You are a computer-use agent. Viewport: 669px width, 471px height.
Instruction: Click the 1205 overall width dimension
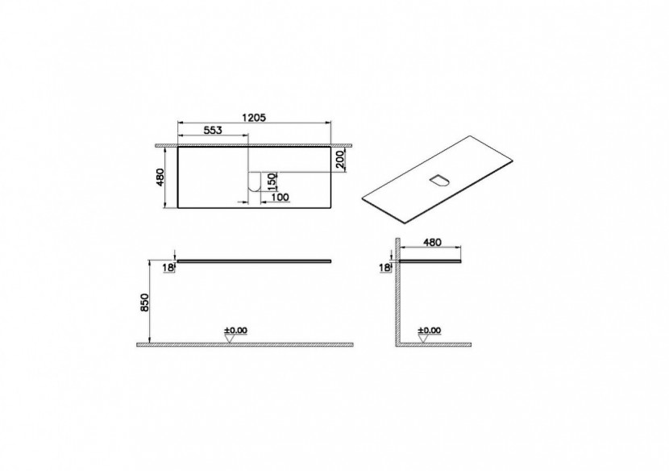coord(254,116)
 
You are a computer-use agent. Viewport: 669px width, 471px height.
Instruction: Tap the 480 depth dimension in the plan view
coord(160,177)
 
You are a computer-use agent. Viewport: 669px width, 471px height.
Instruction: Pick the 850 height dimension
coord(144,302)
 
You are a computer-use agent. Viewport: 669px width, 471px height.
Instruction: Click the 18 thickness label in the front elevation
coord(168,268)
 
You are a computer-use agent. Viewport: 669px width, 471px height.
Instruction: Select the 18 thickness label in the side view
coord(384,267)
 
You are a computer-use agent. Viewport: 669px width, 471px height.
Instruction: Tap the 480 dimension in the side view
coord(431,241)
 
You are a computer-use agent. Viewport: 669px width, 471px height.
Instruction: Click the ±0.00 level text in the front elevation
coord(235,330)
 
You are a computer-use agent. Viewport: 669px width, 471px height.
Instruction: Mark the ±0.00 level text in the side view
coord(430,330)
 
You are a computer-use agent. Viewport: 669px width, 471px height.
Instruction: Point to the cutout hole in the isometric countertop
coord(440,179)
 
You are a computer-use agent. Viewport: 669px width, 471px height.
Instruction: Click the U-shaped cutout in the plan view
coord(254,185)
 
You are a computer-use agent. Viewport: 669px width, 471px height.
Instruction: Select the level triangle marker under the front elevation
coord(231,339)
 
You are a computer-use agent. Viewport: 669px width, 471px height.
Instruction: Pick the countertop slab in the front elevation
coord(254,261)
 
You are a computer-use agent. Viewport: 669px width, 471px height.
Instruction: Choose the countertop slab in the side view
coord(431,261)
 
